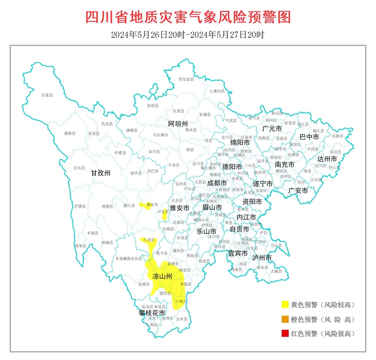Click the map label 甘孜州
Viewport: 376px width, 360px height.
tap(100, 174)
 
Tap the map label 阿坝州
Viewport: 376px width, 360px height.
tap(178, 124)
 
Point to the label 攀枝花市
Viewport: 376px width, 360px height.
tap(151, 313)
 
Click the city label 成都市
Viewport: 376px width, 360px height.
tap(217, 183)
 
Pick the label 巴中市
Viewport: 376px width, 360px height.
tap(309, 137)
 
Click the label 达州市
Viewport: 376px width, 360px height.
tap(327, 159)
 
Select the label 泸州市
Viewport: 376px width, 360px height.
tap(262, 258)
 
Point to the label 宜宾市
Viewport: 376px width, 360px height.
tap(237, 253)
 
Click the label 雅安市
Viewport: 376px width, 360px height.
tap(179, 208)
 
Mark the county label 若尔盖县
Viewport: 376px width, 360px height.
tap(186, 80)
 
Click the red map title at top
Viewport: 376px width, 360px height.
tap(188, 17)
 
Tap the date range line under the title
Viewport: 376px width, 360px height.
tap(188, 34)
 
